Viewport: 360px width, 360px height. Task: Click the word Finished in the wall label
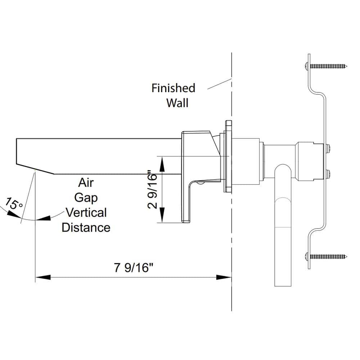click(x=174, y=88)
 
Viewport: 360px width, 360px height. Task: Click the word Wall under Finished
click(x=177, y=103)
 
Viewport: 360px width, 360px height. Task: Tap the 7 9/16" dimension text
click(x=134, y=267)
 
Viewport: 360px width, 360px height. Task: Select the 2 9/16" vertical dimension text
click(x=152, y=189)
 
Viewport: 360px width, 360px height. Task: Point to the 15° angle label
click(x=14, y=203)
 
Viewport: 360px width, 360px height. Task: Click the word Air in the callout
click(x=86, y=183)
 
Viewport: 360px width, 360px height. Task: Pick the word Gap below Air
click(x=86, y=198)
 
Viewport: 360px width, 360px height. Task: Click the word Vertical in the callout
click(x=86, y=213)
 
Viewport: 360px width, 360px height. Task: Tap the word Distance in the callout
click(x=86, y=228)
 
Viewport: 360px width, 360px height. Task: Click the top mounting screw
click(x=326, y=66)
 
